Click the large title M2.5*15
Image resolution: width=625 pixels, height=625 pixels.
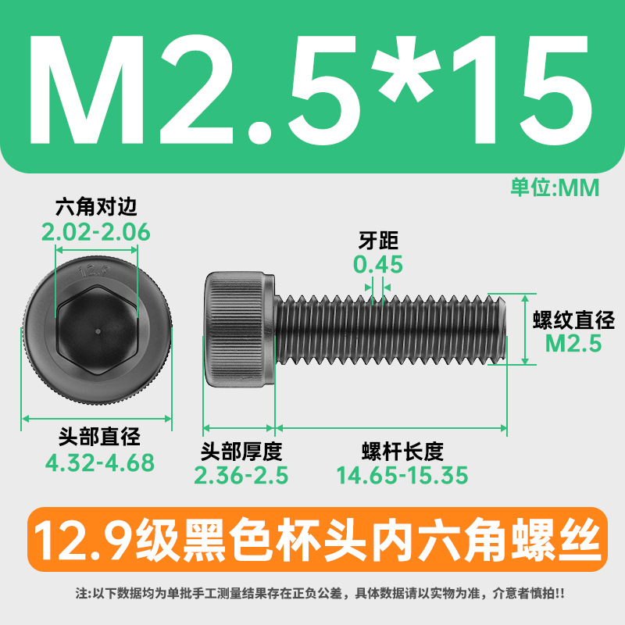(x=309, y=90)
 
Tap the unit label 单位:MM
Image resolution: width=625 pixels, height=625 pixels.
(x=555, y=187)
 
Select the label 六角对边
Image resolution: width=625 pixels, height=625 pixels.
(x=96, y=207)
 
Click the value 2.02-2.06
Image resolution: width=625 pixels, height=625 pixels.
(x=96, y=232)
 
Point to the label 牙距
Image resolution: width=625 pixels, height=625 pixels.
(x=378, y=241)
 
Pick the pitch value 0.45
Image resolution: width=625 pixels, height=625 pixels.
(x=378, y=265)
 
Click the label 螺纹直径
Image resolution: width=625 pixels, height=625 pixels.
(x=573, y=320)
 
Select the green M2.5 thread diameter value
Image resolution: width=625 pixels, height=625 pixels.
(x=573, y=344)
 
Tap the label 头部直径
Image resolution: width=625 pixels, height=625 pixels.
(x=99, y=437)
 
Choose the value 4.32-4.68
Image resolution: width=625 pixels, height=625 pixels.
(x=100, y=462)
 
